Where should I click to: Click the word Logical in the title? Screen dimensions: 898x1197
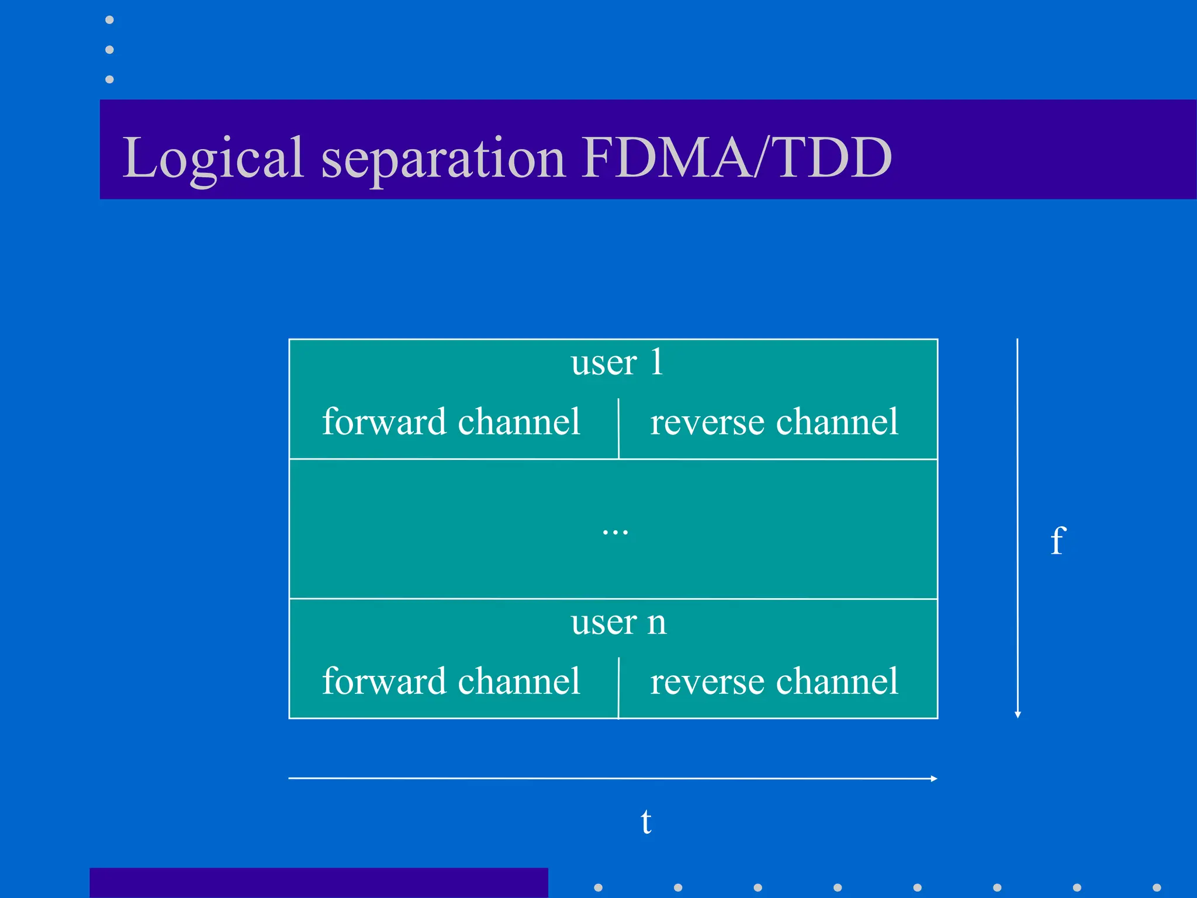[213, 158]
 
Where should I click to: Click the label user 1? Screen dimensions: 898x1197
[617, 362]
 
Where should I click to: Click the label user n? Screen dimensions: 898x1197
[618, 622]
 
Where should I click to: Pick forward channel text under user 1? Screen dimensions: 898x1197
[451, 422]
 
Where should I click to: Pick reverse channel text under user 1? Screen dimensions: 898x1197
[774, 422]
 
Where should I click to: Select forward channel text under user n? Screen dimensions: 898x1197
[451, 682]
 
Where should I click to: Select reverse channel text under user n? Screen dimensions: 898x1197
[774, 682]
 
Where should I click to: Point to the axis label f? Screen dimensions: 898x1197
[1058, 540]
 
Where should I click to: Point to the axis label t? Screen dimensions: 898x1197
[646, 822]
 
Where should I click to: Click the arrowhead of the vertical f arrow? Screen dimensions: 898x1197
[1018, 714]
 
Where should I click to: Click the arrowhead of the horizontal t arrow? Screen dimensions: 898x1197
[934, 779]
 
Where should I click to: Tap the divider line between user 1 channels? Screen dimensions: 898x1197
[618, 428]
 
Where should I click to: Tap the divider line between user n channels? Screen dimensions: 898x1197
[618, 688]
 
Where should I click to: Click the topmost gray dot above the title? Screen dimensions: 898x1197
[109, 20]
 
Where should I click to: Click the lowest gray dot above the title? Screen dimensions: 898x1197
[109, 79]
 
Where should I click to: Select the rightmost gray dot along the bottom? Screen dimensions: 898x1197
[1157, 887]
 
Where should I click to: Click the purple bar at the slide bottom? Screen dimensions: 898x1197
[319, 883]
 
